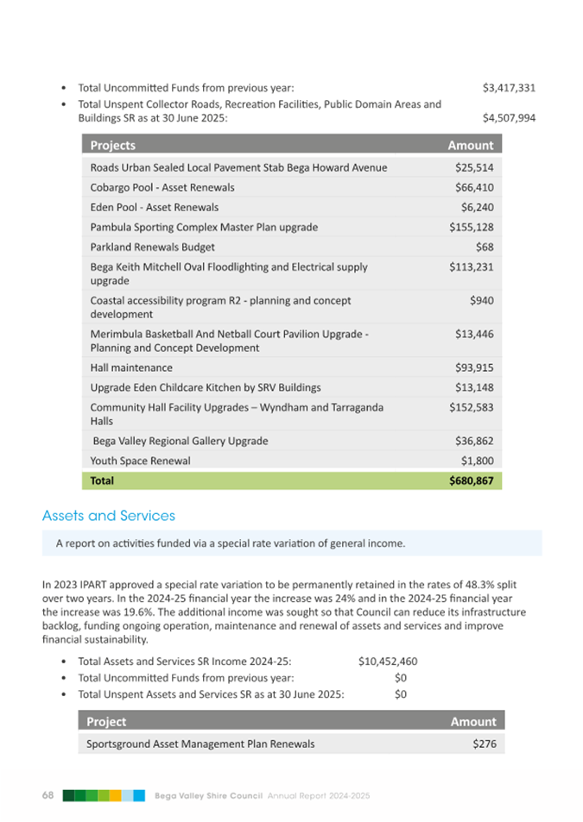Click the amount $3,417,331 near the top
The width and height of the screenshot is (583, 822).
click(x=509, y=88)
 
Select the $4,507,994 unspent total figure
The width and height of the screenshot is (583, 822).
click(x=509, y=118)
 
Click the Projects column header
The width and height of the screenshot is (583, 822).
click(x=113, y=145)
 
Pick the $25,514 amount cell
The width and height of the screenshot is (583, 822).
click(x=474, y=167)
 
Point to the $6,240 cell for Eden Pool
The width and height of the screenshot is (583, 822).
click(x=478, y=207)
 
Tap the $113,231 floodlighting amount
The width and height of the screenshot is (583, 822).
click(x=472, y=267)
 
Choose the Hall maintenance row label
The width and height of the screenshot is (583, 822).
click(x=131, y=367)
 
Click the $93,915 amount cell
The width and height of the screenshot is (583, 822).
click(x=474, y=367)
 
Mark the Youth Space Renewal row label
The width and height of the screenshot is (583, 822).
click(x=141, y=461)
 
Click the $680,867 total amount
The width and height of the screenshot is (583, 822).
click(x=470, y=480)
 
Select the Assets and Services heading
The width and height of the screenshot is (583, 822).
click(x=109, y=516)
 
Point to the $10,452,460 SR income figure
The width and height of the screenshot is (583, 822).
click(x=388, y=662)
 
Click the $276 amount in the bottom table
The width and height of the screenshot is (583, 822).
click(x=485, y=744)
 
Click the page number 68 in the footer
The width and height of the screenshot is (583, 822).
click(x=48, y=794)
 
